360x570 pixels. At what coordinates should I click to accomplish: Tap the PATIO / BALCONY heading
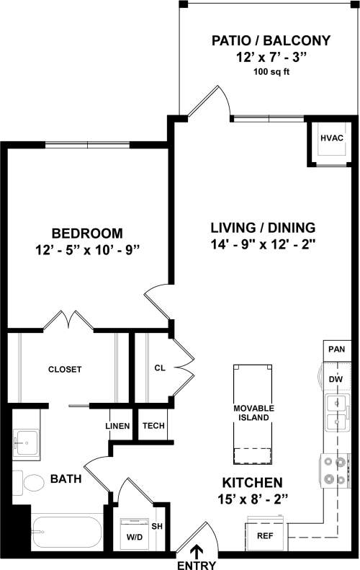click(x=271, y=41)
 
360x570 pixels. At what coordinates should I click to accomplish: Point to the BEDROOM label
click(x=86, y=233)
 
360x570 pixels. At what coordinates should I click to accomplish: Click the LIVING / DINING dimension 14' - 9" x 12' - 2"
click(x=264, y=245)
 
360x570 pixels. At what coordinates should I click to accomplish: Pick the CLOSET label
click(x=65, y=370)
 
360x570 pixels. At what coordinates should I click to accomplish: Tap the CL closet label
click(x=160, y=368)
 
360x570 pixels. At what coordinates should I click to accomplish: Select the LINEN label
click(x=117, y=426)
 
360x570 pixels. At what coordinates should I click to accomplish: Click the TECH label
click(x=153, y=426)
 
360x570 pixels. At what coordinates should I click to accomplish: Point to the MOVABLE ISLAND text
click(x=252, y=413)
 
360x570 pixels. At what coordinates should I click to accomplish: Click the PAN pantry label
click(x=336, y=349)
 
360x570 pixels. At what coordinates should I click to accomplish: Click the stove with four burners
click(x=336, y=470)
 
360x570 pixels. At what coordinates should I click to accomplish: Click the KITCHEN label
click(x=252, y=483)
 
